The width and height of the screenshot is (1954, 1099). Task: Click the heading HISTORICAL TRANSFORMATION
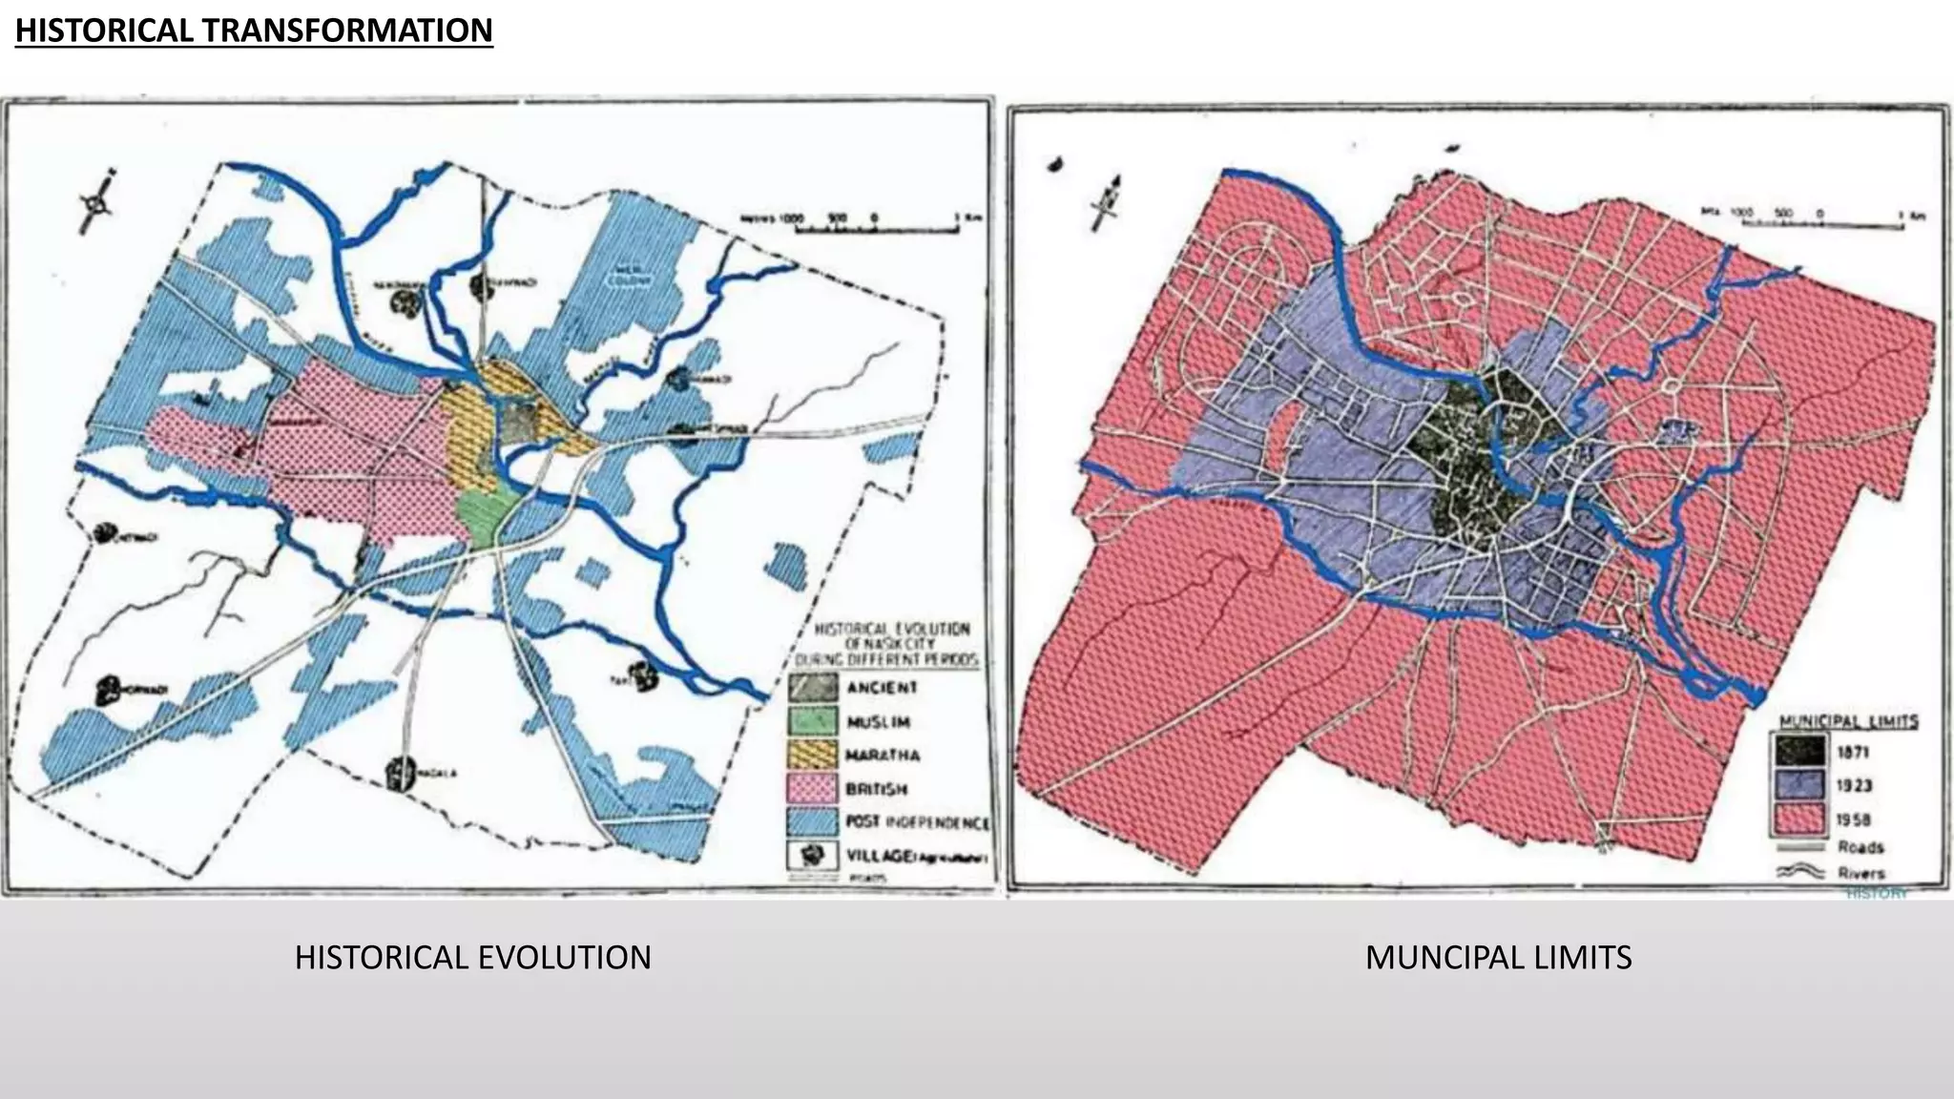pyautogui.click(x=254, y=31)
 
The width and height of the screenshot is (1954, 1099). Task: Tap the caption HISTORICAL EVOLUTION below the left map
pyautogui.click(x=472, y=957)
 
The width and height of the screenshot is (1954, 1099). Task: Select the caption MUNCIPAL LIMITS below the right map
pyautogui.click(x=1498, y=957)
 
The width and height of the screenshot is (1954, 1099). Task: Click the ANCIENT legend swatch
pyautogui.click(x=813, y=688)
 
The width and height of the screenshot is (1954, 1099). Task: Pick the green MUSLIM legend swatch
pyautogui.click(x=813, y=721)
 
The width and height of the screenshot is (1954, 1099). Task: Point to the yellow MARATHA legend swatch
pyautogui.click(x=813, y=755)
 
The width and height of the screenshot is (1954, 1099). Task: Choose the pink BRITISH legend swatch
pyautogui.click(x=813, y=789)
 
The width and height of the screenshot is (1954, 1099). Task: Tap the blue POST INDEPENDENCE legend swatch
pyautogui.click(x=813, y=822)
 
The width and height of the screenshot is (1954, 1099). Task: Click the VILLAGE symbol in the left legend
pyautogui.click(x=813, y=856)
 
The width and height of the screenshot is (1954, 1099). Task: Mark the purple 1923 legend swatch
pyautogui.click(x=1800, y=786)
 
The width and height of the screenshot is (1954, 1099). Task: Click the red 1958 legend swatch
pyautogui.click(x=1800, y=819)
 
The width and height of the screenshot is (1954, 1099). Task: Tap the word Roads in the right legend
pyautogui.click(x=1860, y=847)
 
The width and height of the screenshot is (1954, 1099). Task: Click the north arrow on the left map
pyautogui.click(x=96, y=202)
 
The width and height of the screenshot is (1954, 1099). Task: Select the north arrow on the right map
pyautogui.click(x=1108, y=202)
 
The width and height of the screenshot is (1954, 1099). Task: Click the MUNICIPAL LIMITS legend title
pyautogui.click(x=1848, y=721)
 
